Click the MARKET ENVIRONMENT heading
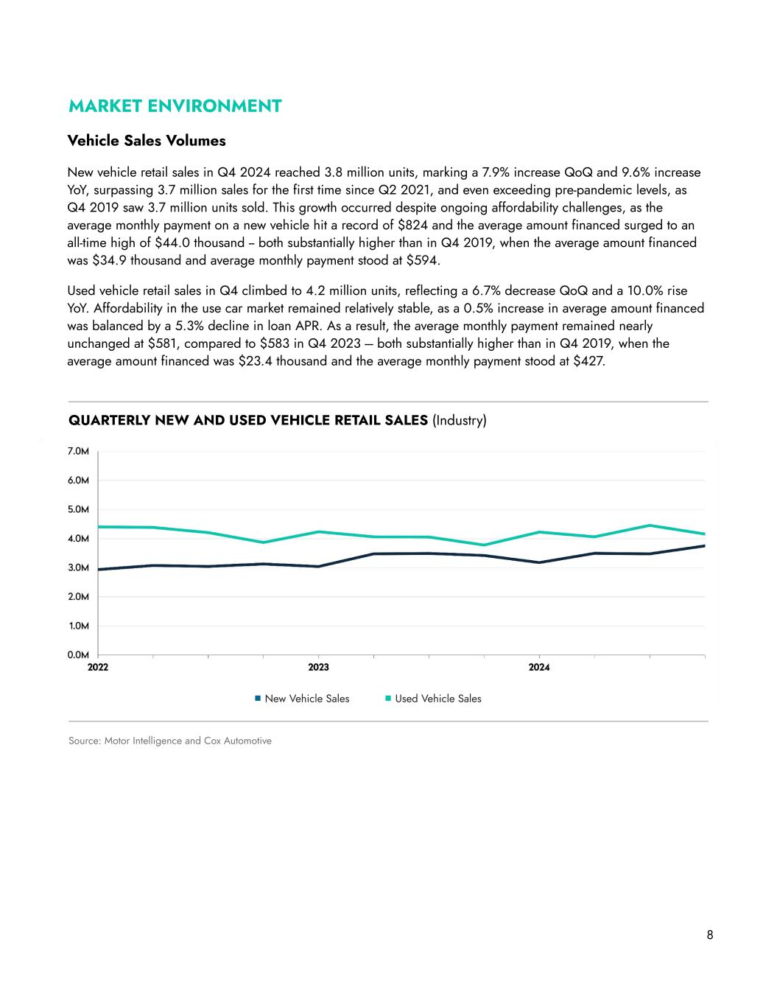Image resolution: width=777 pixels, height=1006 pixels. pos(175,106)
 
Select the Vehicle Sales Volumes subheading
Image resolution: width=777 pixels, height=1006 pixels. pos(147,140)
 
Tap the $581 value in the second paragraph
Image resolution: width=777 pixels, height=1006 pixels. pos(162,343)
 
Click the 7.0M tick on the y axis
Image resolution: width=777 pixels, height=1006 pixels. pos(79,451)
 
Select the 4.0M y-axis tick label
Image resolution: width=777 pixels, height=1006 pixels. pos(79,539)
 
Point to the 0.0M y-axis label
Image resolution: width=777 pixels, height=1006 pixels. pos(79,654)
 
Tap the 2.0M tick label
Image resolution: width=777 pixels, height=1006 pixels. pos(79,597)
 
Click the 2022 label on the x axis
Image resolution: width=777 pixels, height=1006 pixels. pos(98,668)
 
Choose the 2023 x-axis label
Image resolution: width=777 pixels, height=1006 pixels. pos(318,668)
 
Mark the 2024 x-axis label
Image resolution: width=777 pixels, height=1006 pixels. pos(539,668)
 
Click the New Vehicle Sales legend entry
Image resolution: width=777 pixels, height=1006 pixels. pos(306,699)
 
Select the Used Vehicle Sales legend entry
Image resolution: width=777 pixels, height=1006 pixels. pos(437,699)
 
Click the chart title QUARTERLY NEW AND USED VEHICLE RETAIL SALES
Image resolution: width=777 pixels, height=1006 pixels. pos(248,421)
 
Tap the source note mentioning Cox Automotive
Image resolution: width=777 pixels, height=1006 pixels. pos(170,741)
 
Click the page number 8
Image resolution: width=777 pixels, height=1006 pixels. pos(710,935)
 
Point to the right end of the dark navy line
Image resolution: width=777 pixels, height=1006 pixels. pos(704,546)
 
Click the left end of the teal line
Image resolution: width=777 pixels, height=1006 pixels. pos(99,527)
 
